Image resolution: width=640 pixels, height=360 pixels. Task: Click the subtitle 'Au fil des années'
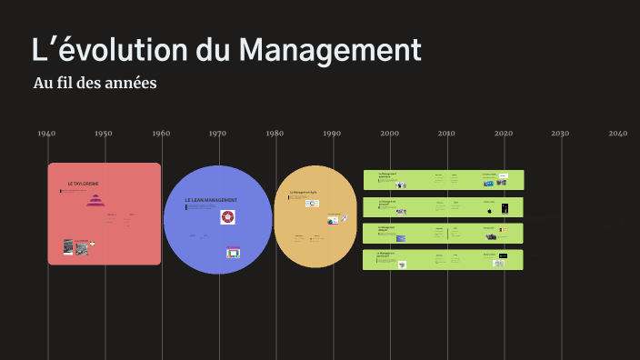95,84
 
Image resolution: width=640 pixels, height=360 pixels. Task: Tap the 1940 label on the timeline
46,134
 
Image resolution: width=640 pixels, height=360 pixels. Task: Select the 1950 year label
104,134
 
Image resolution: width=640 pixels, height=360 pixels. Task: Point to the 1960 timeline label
161,134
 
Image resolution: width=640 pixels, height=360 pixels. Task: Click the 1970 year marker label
218,134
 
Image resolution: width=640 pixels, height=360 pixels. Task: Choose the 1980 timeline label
275,134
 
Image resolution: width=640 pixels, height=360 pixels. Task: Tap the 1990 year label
332,134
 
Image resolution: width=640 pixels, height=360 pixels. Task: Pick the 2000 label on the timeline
389,134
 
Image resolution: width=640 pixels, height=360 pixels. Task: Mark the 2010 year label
446,134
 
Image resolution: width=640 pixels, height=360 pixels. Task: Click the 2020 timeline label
504,134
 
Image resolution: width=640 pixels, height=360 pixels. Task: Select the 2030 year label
560,134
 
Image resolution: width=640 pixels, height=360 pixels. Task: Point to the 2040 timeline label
618,134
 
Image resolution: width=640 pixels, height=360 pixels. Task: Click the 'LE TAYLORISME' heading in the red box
83,184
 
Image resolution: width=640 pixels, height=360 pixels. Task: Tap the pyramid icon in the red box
95,201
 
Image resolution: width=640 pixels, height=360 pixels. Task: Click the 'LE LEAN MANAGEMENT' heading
211,200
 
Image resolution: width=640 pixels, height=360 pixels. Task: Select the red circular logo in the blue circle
227,217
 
